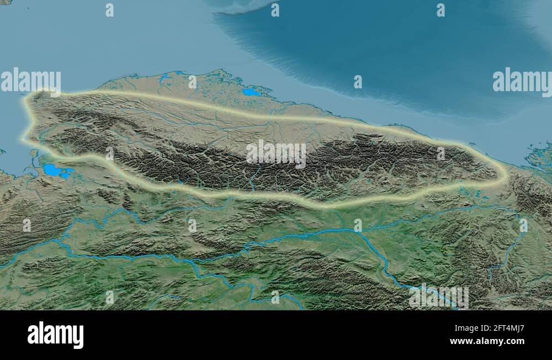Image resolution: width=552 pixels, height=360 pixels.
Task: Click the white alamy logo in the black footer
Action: (x=55, y=335)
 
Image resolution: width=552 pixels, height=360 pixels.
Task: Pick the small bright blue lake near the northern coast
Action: (x=251, y=92)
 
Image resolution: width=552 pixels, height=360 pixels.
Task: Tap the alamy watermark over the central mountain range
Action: (x=276, y=153)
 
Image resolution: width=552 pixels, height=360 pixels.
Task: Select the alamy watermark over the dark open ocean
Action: (x=522, y=82)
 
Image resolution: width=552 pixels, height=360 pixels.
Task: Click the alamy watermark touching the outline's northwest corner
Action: (x=30, y=82)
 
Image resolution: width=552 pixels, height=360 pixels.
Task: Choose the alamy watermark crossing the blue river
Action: (x=439, y=297)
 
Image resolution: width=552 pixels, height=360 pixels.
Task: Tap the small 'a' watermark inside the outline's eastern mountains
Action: (x=440, y=153)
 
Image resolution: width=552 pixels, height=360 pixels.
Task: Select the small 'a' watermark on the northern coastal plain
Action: (x=192, y=82)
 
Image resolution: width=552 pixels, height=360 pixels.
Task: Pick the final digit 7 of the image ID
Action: (x=521, y=329)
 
